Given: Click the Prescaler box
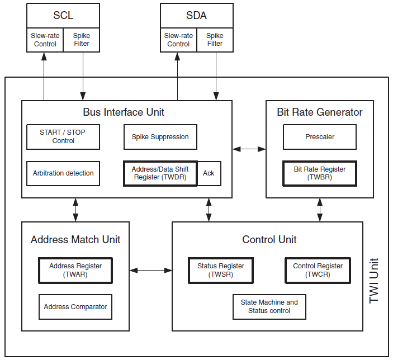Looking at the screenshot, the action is coord(320,137).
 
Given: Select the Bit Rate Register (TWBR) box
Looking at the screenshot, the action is coord(320,173).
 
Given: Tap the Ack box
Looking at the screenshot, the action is coord(209,173).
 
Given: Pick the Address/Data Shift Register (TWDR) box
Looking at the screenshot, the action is coord(160,173).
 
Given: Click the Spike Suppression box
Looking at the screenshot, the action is coord(160,137).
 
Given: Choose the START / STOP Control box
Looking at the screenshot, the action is coord(63,137).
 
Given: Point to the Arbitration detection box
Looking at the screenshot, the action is coord(63,173).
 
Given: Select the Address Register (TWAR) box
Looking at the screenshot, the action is coord(75,271).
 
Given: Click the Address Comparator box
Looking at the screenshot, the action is coord(75,307).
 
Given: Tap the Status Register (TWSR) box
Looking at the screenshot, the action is coord(221,271).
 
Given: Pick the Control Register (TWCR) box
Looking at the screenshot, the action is coord(318,271).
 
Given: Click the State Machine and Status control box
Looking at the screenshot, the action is coord(269,307).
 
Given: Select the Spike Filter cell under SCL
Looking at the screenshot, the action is coord(82,40).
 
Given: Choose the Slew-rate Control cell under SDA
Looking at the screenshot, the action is coord(178,40).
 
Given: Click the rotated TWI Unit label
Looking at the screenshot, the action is coord(373,281).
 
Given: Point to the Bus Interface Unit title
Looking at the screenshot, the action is coord(124,112).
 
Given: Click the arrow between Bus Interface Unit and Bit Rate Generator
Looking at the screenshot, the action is coord(249,149).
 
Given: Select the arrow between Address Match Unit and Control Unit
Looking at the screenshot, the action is coord(151,270).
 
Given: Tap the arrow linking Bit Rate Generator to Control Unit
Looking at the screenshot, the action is coord(320,210).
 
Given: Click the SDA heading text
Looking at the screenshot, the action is coord(197,16).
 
